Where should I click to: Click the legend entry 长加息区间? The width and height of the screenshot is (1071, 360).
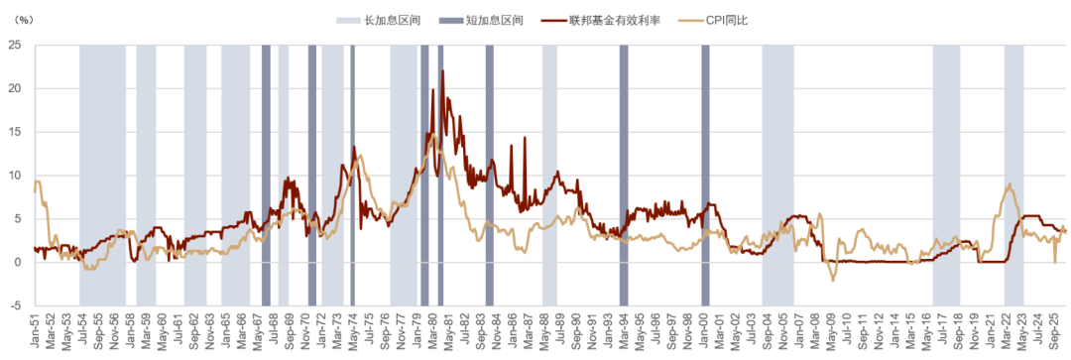coord(378,21)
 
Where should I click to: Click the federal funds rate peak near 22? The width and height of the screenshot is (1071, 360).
coord(442,70)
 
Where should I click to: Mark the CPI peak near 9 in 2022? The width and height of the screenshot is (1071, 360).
coord(1010,183)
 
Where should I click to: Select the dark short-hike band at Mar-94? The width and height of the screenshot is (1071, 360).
coord(624,176)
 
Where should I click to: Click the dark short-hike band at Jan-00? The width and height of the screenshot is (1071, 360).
coord(706,176)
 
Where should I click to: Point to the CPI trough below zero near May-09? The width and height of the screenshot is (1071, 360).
coord(833,281)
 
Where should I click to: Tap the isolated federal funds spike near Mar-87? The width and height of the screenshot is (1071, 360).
coord(525,138)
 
